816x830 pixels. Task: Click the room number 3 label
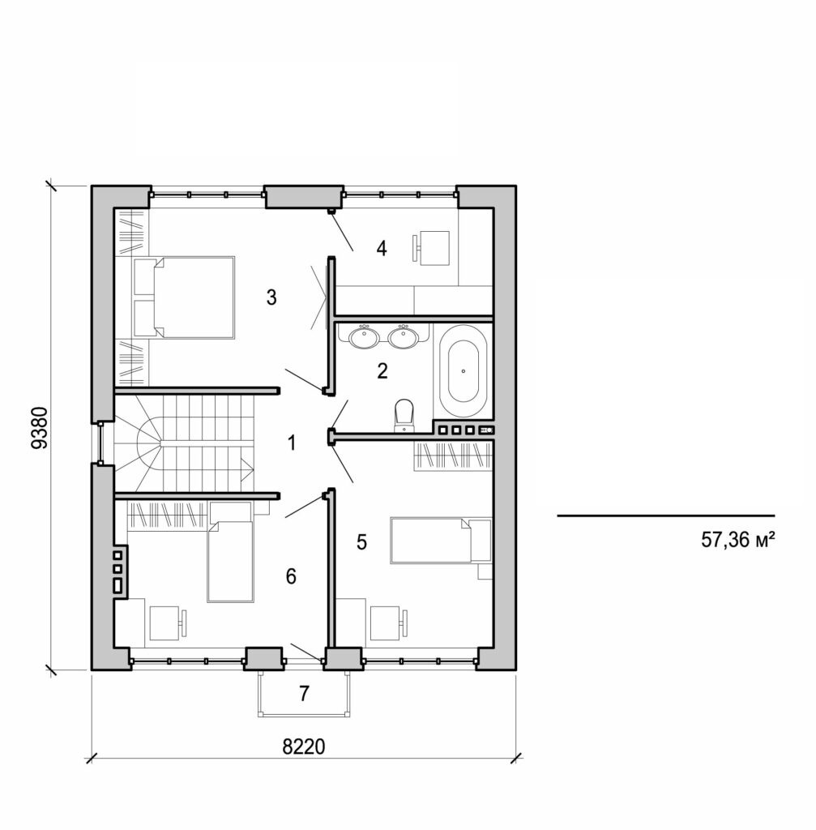point(271,298)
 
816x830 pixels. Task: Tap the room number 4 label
point(381,249)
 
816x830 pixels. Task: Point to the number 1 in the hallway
point(292,443)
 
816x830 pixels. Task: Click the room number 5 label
point(361,542)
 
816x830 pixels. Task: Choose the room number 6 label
point(292,576)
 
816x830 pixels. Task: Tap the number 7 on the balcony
point(304,694)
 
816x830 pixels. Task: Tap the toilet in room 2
point(403,415)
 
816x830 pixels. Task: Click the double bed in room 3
point(194,297)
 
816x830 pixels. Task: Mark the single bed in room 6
point(230,559)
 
